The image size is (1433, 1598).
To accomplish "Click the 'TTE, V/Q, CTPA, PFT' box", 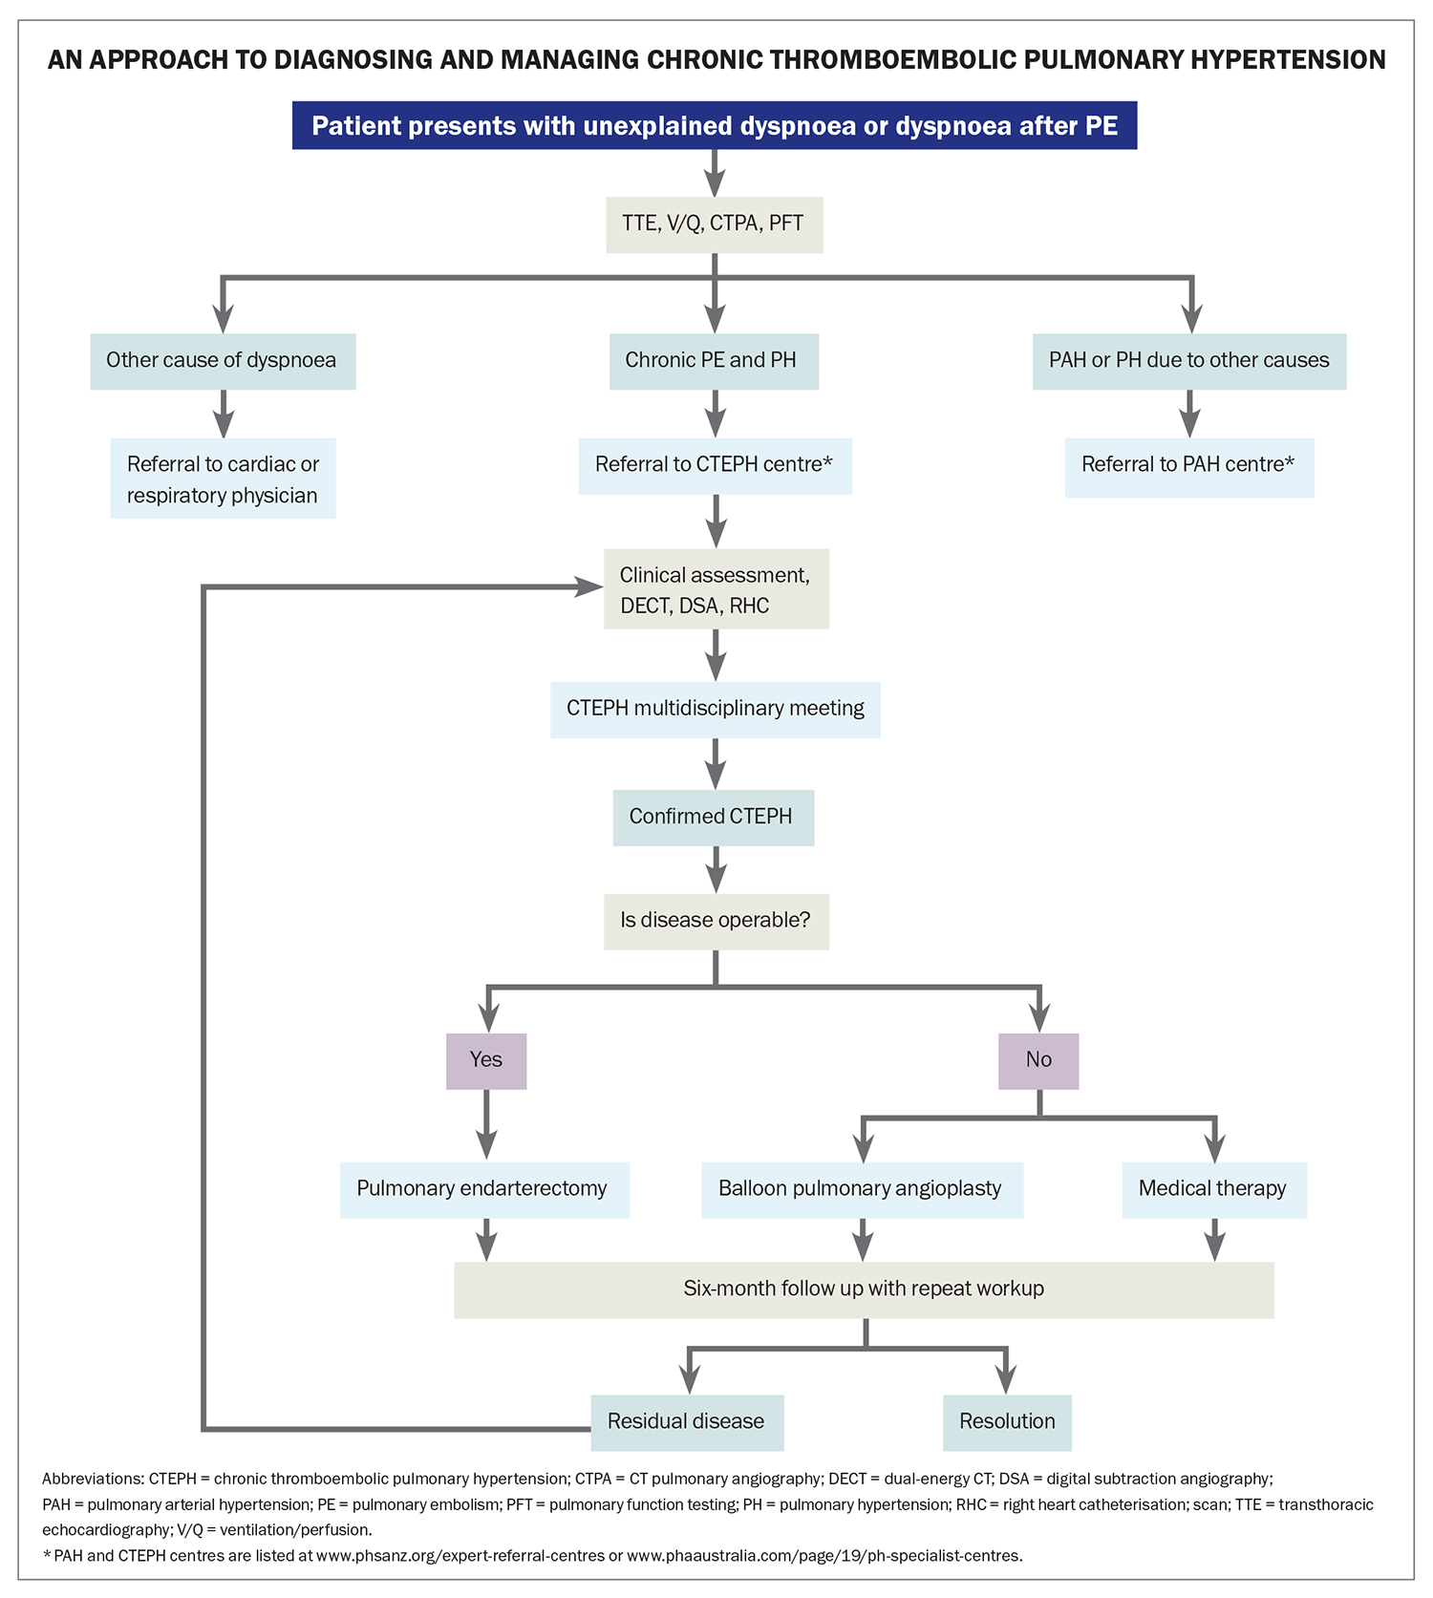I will tap(714, 224).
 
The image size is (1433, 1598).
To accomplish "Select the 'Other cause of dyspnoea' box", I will tap(222, 360).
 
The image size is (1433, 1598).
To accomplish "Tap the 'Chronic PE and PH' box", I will tap(713, 360).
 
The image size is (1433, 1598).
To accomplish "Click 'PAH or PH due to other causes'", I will tap(1188, 360).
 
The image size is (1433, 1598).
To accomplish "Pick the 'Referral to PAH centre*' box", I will tap(1188, 466).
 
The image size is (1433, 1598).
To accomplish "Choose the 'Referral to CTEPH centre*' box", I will tap(715, 465).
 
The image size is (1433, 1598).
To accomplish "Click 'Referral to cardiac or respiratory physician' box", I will tap(223, 479).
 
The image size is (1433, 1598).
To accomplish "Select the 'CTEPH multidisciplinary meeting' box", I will tap(715, 709).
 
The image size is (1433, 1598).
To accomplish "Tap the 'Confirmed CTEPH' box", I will tap(713, 817).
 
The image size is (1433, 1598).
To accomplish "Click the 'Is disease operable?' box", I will tap(716, 921).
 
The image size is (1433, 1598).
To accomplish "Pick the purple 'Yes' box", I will tap(486, 1060).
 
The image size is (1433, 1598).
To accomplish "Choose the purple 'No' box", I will tap(1038, 1060).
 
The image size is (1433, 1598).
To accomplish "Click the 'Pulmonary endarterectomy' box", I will tap(483, 1189).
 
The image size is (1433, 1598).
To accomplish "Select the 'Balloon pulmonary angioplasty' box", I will tap(861, 1189).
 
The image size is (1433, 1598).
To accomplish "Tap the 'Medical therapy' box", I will tap(1213, 1189).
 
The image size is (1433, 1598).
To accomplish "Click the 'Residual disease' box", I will tap(686, 1422).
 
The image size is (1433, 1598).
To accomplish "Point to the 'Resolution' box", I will tap(1007, 1422).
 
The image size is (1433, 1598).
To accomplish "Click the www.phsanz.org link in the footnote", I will tap(460, 1556).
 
